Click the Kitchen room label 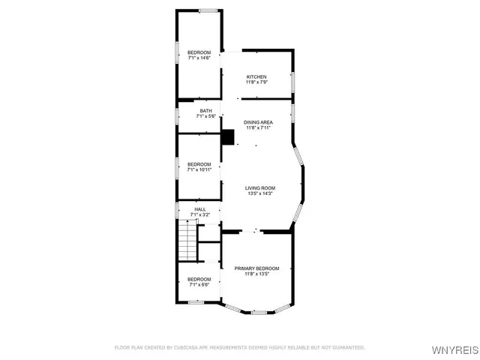pyautogui.click(x=256, y=76)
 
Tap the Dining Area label pyautogui.click(x=256, y=122)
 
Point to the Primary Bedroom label pyautogui.click(x=256, y=268)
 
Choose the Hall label pyautogui.click(x=199, y=209)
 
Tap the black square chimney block pyautogui.click(x=228, y=137)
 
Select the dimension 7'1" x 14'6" pyautogui.click(x=199, y=57)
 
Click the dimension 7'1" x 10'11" pyautogui.click(x=199, y=169)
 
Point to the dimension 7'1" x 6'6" pyautogui.click(x=199, y=285)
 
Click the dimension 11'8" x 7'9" pyautogui.click(x=256, y=82)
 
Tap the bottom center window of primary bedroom pyautogui.click(x=258, y=312)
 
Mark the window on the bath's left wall pyautogui.click(x=177, y=116)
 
